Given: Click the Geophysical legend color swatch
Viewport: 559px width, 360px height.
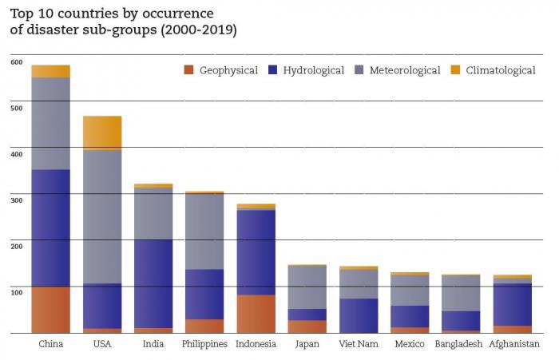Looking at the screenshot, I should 188,70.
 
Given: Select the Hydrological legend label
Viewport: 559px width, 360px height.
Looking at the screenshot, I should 313,70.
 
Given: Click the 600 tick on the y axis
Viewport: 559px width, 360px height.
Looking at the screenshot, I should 16,61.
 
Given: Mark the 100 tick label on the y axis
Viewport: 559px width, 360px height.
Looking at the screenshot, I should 16,293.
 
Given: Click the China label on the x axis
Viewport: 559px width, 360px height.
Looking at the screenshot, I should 51,344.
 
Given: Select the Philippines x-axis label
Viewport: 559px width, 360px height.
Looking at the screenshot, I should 204,344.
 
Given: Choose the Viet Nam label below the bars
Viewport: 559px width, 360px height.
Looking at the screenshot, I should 359,344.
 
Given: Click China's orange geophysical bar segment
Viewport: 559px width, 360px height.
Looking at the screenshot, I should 51,310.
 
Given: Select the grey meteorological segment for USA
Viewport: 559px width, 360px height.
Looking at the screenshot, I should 102,216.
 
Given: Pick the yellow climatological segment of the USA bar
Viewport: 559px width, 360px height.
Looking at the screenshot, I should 102,132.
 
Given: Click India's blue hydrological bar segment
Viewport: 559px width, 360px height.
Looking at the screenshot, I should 153,283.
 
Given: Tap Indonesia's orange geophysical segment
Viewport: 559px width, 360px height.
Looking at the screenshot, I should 256,314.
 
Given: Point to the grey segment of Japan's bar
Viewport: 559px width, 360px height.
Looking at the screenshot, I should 307,287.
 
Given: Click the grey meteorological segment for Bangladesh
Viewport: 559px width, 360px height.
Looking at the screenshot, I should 461,293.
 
